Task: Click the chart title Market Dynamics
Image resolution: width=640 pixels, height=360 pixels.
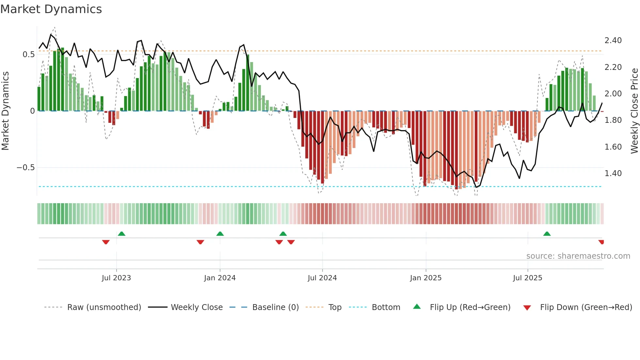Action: (51, 9)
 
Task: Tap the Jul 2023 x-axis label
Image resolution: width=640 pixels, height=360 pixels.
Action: (116, 278)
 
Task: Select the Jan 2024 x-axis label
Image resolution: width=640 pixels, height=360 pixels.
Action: (220, 278)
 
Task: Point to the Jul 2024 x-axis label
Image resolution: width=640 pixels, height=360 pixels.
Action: (322, 278)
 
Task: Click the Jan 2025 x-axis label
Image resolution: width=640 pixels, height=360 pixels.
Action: (426, 278)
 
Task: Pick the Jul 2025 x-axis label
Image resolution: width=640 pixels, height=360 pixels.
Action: (528, 278)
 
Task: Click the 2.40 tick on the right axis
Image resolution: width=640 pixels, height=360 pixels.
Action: (613, 41)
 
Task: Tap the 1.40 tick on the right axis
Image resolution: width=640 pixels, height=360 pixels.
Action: (613, 173)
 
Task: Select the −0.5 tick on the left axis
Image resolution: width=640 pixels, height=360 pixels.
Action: (25, 168)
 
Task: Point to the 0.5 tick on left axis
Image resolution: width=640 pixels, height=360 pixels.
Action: (28, 55)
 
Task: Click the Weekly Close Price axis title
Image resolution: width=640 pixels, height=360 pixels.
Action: (634, 111)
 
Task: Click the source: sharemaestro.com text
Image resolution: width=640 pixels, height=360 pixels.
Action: (578, 256)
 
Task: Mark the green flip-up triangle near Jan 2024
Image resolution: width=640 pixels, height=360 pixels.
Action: (220, 234)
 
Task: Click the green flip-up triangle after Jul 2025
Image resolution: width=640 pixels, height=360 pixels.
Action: (547, 234)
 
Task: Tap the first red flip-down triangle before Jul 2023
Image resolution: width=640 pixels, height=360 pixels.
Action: (106, 242)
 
